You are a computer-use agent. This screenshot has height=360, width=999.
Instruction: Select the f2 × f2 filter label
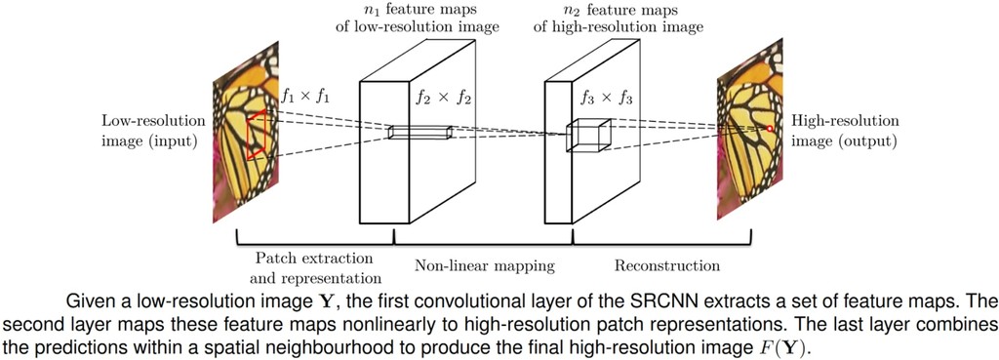[x=439, y=97]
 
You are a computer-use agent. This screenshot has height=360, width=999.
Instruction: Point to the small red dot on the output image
[x=770, y=129]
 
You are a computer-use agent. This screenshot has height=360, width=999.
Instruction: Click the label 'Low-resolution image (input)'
[x=153, y=131]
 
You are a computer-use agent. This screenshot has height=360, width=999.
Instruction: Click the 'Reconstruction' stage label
[x=667, y=265]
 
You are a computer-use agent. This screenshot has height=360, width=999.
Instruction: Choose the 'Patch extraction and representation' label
[x=313, y=266]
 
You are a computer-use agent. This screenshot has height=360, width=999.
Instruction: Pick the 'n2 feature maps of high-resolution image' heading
[x=618, y=19]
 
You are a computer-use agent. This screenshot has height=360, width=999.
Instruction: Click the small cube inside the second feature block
[x=589, y=135]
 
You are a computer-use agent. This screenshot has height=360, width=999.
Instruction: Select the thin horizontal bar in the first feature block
[x=420, y=133]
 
